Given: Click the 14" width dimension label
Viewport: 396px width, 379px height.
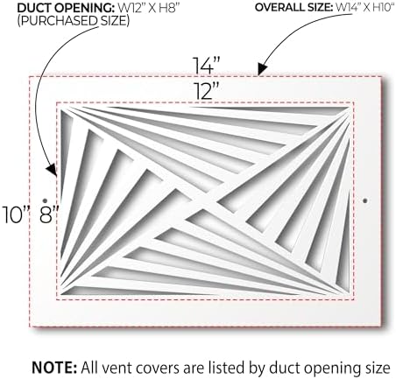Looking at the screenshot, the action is pyautogui.click(x=206, y=65).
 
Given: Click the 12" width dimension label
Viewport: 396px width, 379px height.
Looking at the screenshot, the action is pyautogui.click(x=207, y=91).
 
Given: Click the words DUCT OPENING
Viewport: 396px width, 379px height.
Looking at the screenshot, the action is pyautogui.click(x=66, y=8).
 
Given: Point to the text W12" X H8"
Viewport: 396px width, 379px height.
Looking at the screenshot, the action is pyautogui.click(x=148, y=8).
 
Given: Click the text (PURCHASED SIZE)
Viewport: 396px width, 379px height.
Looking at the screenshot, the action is pyautogui.click(x=73, y=21).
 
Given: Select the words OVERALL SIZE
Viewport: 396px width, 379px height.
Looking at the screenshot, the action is pyautogui.click(x=293, y=8).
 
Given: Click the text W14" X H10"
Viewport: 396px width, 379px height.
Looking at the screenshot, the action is pyautogui.click(x=364, y=8).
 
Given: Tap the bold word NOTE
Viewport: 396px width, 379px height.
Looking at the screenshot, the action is pyautogui.click(x=54, y=368).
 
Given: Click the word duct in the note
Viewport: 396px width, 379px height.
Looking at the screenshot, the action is pyautogui.click(x=281, y=368).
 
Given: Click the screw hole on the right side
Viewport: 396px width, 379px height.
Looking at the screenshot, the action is pyautogui.click(x=365, y=200).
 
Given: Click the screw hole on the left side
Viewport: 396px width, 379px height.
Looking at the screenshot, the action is pyautogui.click(x=45, y=200).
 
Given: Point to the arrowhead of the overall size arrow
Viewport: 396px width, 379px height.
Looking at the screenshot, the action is pyautogui.click(x=262, y=69).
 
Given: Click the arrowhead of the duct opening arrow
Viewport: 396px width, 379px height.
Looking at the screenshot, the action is pyautogui.click(x=52, y=170).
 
